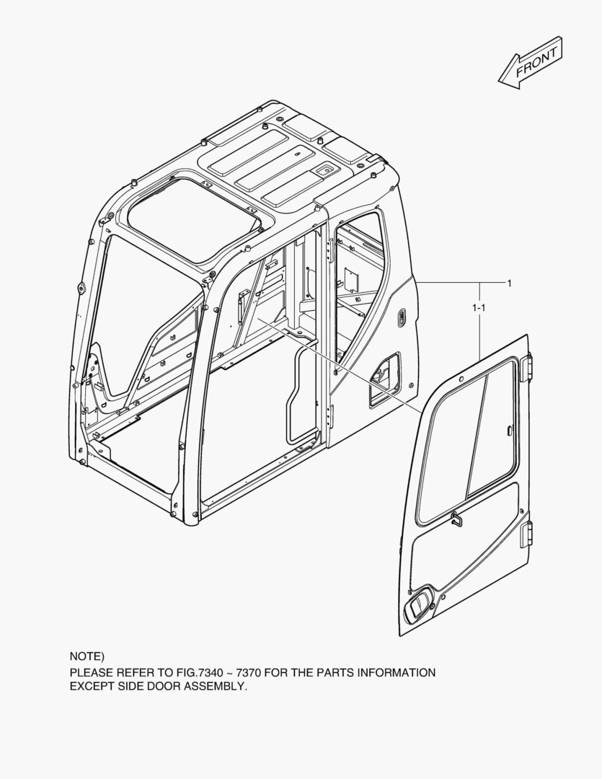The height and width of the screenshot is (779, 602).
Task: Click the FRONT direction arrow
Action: [x=531, y=63]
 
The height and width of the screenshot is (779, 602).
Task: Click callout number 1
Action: [x=509, y=283]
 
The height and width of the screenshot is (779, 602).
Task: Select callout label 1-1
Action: [x=479, y=308]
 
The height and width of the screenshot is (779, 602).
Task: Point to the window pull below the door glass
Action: [x=457, y=519]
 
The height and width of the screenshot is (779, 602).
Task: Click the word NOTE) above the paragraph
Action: [x=87, y=656]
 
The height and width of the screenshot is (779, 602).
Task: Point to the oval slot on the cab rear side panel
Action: [x=402, y=318]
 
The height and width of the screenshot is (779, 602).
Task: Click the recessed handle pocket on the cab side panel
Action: [x=384, y=379]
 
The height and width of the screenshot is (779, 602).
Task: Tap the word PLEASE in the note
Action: [x=91, y=673]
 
